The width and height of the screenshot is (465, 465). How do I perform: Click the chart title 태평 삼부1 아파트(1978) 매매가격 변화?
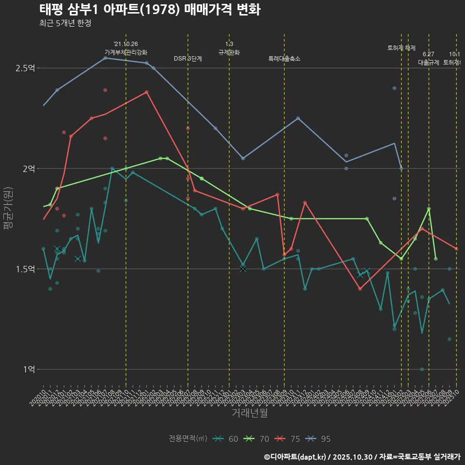point(150,10)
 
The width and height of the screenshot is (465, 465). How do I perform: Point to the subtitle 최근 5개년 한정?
point(65,23)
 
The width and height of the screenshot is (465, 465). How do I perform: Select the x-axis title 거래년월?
point(249,413)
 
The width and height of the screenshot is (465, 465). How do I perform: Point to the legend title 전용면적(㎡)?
point(188,439)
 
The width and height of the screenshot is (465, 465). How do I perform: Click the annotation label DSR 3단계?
point(188,59)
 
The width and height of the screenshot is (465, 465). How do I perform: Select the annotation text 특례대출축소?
point(284,59)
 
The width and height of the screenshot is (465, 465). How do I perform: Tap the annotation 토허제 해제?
point(402,48)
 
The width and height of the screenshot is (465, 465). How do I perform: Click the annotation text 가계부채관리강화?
point(126,52)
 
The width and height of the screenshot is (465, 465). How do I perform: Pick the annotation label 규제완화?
point(229,52)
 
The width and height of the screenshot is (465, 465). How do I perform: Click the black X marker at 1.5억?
point(243,269)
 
